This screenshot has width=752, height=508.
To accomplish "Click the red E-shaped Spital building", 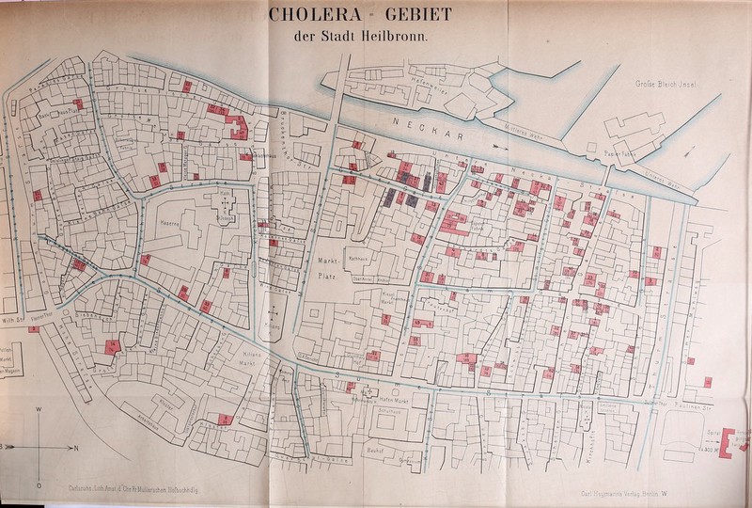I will pos(736,440).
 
